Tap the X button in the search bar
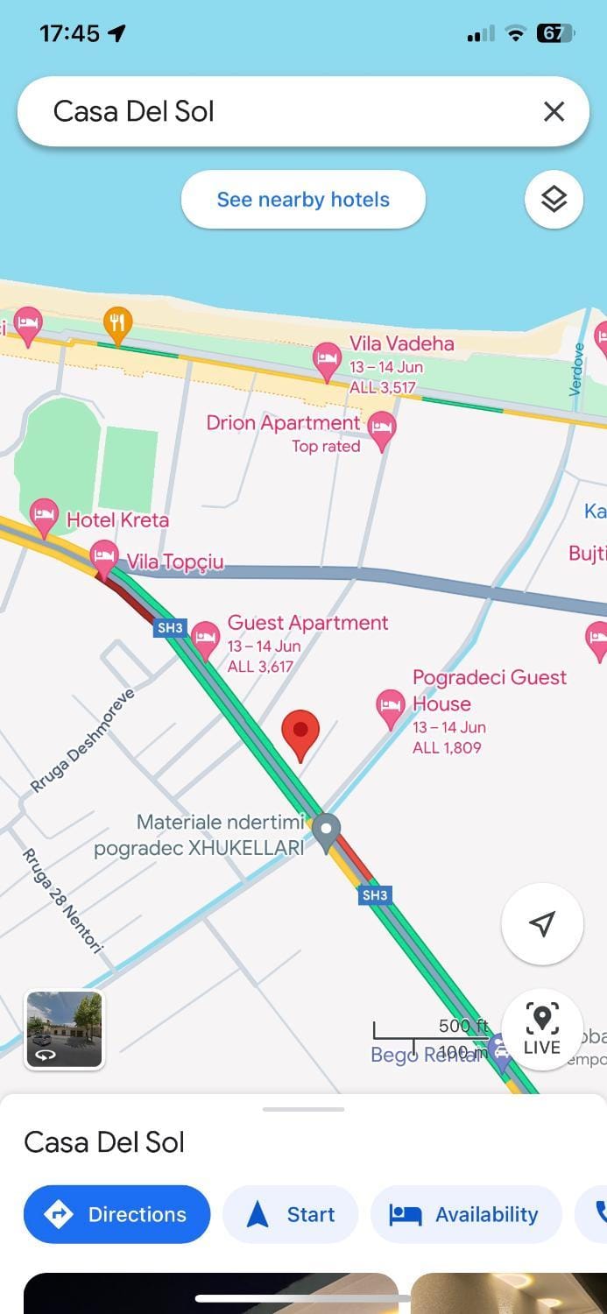554,111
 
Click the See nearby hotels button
303,200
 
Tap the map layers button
554,200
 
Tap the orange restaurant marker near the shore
117,324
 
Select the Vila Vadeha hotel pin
327,359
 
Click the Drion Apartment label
283,423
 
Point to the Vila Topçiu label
175,562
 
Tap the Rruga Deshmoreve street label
84,741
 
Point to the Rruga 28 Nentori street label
62,900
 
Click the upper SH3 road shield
169,627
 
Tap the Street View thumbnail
65,1029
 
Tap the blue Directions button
116,1214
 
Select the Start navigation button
291,1214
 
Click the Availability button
465,1214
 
